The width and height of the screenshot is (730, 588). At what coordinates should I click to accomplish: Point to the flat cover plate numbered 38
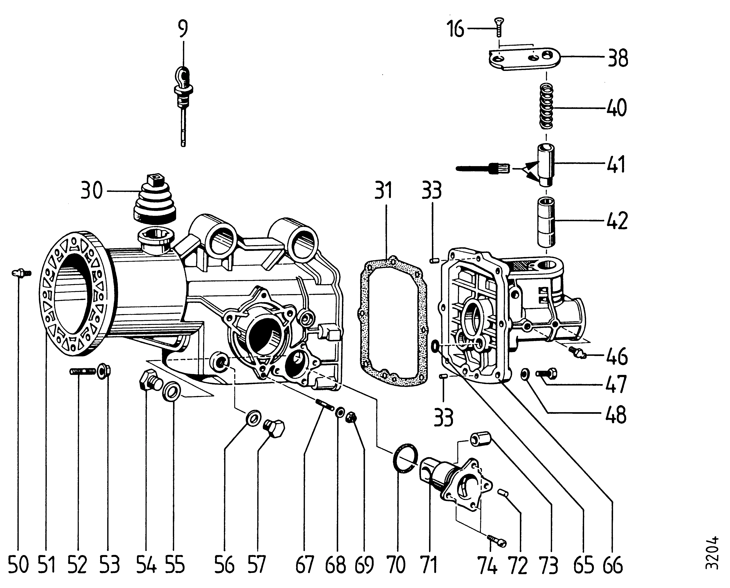click(x=525, y=60)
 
